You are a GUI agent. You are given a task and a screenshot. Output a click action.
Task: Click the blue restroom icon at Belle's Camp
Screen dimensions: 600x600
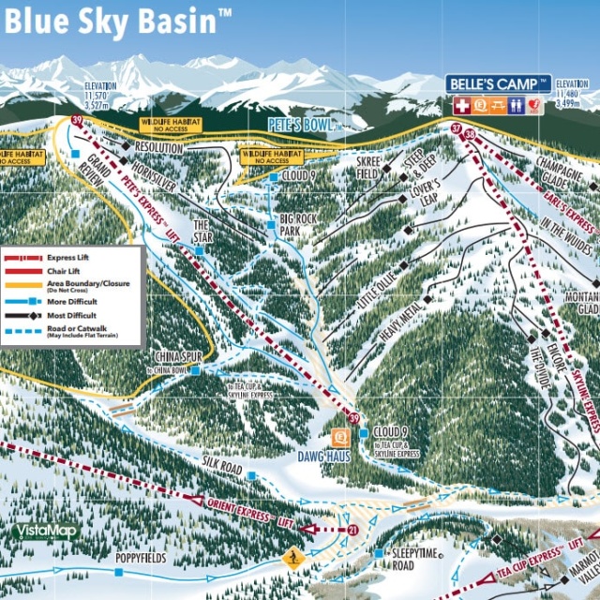tap(516, 106)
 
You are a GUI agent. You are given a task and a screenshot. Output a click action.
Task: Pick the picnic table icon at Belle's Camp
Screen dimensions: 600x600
tap(497, 106)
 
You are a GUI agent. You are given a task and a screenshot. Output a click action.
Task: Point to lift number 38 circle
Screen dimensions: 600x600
tap(470, 135)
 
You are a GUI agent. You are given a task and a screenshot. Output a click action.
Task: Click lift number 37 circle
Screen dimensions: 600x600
tap(457, 128)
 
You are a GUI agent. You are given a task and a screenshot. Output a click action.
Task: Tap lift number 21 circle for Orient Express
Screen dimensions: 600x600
tap(352, 531)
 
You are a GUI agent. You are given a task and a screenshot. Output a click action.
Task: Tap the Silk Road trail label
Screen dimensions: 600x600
tap(222, 466)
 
